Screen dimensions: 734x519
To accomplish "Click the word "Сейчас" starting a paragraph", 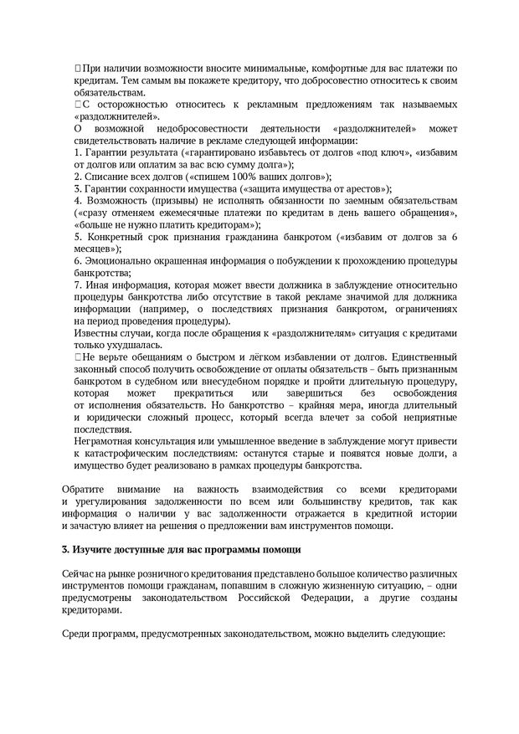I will point(80,575).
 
